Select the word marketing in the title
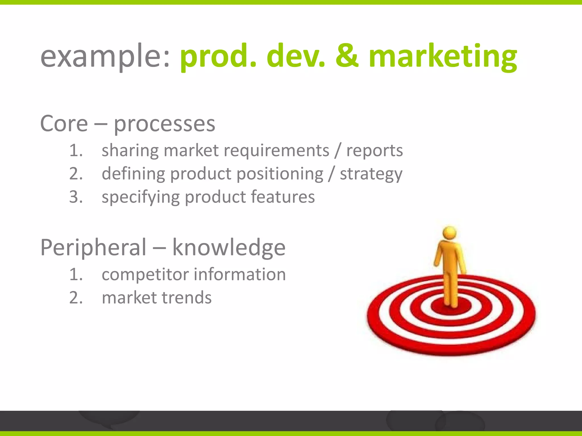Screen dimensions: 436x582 pyautogui.click(x=442, y=57)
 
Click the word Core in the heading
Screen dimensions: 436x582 pyautogui.click(x=64, y=124)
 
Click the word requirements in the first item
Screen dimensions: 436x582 pyautogui.click(x=276, y=150)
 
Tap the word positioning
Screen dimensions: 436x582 pyautogui.click(x=280, y=174)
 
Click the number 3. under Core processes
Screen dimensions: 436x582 pyautogui.click(x=76, y=197)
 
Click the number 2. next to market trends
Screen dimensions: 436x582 pyautogui.click(x=76, y=298)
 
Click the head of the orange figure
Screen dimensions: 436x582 pyautogui.click(x=450, y=233)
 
